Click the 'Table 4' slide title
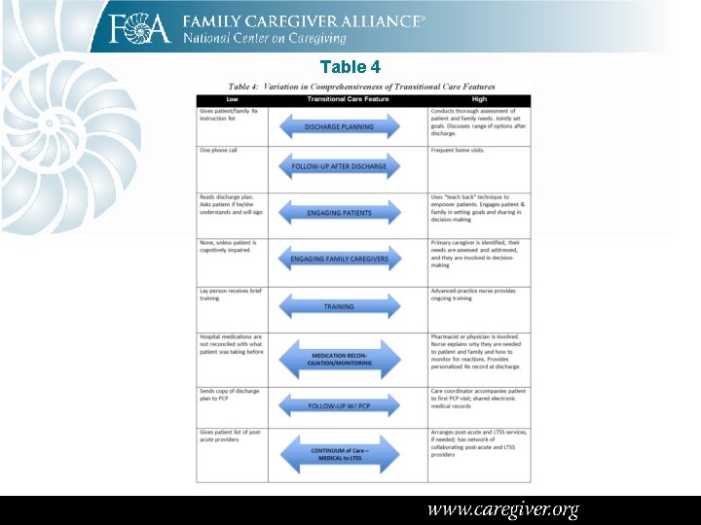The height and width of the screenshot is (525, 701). (350, 67)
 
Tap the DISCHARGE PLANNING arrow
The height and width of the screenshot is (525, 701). (339, 126)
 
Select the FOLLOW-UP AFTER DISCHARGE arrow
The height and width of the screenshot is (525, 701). (339, 166)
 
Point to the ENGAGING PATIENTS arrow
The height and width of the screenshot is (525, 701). (339, 213)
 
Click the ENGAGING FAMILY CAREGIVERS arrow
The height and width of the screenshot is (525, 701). (339, 259)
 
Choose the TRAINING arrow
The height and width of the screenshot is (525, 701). (339, 306)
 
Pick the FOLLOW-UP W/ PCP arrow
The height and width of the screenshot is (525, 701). (339, 405)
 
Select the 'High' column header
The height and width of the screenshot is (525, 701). (478, 99)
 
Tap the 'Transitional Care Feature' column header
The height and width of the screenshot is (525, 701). (348, 99)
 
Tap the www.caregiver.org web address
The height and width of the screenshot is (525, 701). (503, 509)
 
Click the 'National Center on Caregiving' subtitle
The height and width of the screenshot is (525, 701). (265, 38)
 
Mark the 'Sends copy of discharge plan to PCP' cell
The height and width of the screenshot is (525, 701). (230, 395)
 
